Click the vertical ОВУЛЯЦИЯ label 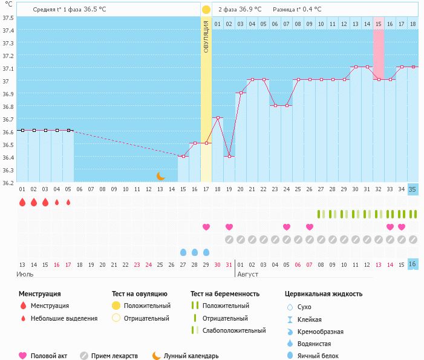tap(206, 36)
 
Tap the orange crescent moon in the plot tap(160, 176)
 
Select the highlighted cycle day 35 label tap(413, 189)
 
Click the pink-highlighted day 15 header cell tap(379, 24)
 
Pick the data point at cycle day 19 tap(229, 157)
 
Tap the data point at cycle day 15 tap(183, 157)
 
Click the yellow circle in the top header tap(206, 10)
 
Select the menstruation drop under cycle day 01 tap(22, 202)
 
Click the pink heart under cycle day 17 tap(206, 227)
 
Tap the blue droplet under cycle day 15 tap(183, 252)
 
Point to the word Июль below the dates tap(24, 274)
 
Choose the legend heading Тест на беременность tap(225, 294)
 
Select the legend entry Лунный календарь tap(191, 356)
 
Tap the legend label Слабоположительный tap(234, 330)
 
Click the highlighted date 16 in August tap(413, 264)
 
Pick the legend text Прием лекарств tap(114, 356)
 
